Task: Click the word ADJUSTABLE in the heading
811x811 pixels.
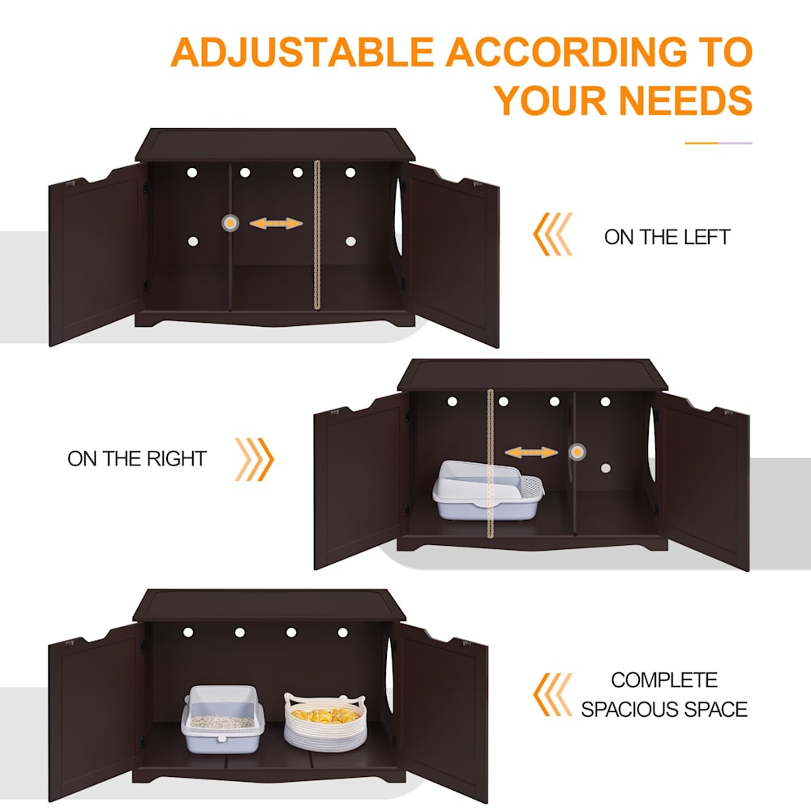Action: pyautogui.click(x=302, y=52)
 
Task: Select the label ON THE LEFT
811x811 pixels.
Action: pyautogui.click(x=667, y=237)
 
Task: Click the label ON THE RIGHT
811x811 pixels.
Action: pyautogui.click(x=137, y=459)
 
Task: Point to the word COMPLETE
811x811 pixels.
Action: pyautogui.click(x=664, y=680)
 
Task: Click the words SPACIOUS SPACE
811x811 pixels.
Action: pyautogui.click(x=664, y=709)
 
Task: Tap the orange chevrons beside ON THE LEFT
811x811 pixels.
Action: pyautogui.click(x=553, y=234)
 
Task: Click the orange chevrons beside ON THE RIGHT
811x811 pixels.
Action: pyautogui.click(x=254, y=459)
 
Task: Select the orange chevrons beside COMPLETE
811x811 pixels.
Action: pyautogui.click(x=553, y=695)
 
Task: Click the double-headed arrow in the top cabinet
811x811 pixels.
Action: pyautogui.click(x=277, y=224)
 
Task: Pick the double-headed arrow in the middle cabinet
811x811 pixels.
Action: pyautogui.click(x=531, y=453)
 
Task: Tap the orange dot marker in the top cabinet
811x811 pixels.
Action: pyautogui.click(x=230, y=223)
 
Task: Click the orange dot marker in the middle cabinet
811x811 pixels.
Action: pyautogui.click(x=577, y=452)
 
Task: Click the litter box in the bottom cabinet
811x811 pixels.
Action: pyautogui.click(x=223, y=719)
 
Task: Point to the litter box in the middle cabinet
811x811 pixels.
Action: pyautogui.click(x=488, y=490)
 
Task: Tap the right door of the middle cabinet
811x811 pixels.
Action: pyautogui.click(x=705, y=481)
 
